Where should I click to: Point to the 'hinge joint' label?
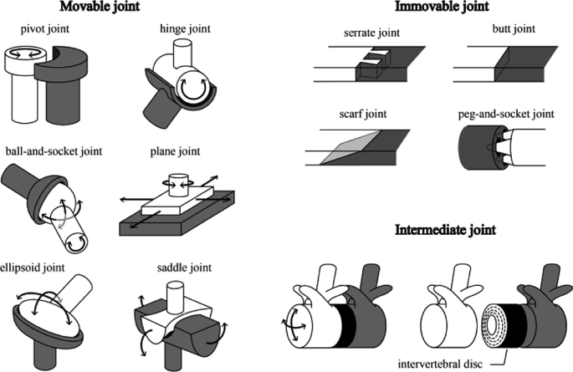(179, 28)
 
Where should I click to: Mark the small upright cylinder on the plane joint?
(177, 183)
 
